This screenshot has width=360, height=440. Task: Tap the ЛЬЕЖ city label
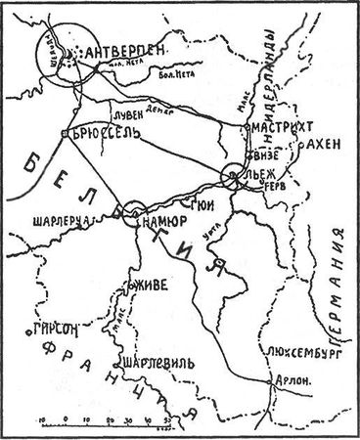pyautogui.click(x=265, y=176)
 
